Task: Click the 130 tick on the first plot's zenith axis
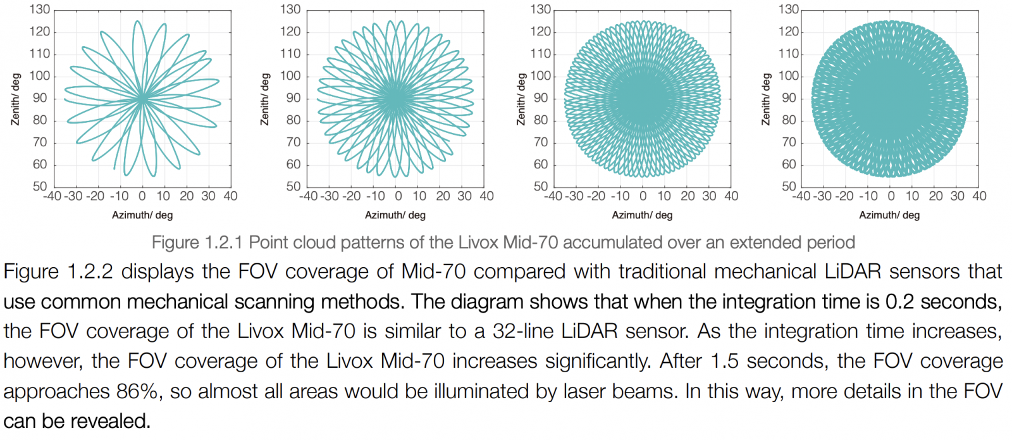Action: (39, 9)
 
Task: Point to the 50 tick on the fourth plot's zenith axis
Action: (789, 186)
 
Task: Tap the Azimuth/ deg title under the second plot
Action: (395, 215)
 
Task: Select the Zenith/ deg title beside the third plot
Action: (521, 99)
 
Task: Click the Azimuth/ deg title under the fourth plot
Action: (889, 215)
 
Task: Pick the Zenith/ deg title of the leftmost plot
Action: (16, 99)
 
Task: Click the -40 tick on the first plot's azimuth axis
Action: (52, 196)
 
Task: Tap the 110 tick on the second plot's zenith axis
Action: (290, 54)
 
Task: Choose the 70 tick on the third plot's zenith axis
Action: (540, 142)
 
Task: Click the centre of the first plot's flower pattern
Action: (142, 98)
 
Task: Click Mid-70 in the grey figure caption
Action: (531, 242)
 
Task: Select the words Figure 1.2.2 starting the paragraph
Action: (58, 272)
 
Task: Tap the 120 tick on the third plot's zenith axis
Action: (540, 32)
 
